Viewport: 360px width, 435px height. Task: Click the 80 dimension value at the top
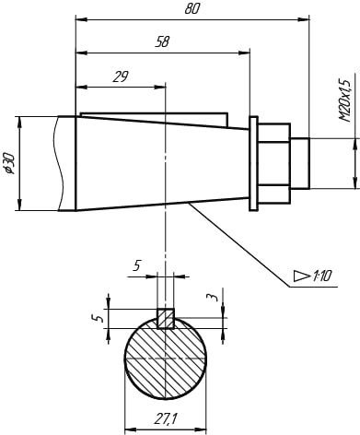coord(192,9)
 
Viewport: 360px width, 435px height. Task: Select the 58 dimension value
coord(162,42)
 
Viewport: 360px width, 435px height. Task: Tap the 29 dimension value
coord(121,76)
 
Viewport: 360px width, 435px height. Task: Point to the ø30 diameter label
coord(10,164)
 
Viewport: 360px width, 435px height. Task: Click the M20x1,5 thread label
coord(344,100)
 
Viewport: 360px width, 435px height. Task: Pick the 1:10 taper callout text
coord(322,276)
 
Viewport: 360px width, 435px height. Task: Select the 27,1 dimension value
coord(166,418)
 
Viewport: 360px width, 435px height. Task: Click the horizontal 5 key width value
coord(137,265)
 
